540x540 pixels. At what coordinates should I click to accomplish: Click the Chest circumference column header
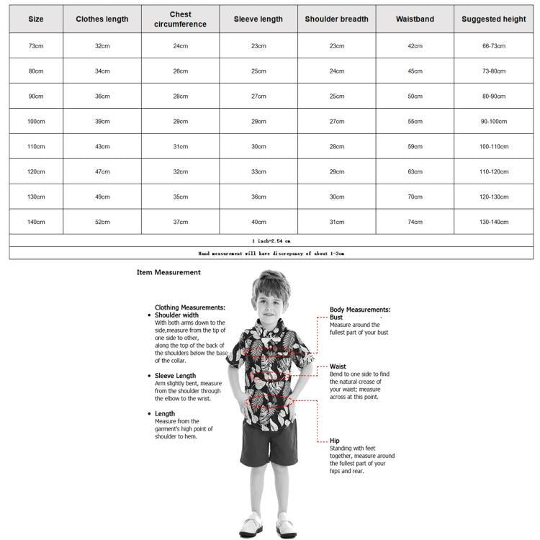click(180, 19)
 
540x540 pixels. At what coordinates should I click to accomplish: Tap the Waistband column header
click(415, 19)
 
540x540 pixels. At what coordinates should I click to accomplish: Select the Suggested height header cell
click(494, 19)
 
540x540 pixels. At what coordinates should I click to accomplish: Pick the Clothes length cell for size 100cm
click(102, 122)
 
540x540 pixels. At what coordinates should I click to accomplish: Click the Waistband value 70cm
click(415, 197)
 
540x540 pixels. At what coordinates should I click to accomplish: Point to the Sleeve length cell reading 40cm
click(258, 222)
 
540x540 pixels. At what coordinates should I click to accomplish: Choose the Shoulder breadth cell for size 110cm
click(336, 147)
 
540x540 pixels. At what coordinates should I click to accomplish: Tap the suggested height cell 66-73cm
click(494, 46)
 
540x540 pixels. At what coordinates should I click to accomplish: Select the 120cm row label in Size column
click(36, 172)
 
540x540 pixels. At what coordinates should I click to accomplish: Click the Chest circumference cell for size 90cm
click(180, 96)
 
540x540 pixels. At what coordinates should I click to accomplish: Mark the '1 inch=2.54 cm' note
click(271, 240)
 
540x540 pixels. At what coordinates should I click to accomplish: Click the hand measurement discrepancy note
click(271, 253)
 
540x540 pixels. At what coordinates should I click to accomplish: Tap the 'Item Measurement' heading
click(168, 273)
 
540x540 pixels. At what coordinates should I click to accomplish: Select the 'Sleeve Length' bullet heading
click(175, 376)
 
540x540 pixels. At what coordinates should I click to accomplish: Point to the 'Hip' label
click(335, 441)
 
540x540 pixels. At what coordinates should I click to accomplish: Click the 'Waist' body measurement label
click(338, 366)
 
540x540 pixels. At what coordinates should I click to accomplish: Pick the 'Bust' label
click(336, 317)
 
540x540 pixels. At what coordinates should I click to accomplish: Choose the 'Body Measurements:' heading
click(360, 309)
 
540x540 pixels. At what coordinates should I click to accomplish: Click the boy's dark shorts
click(269, 443)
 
